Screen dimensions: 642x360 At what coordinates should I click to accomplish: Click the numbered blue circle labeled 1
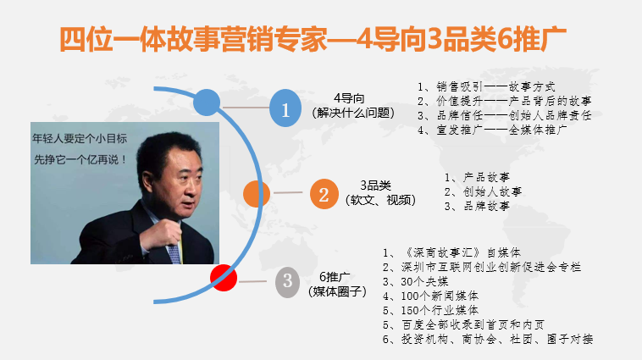coord(285,108)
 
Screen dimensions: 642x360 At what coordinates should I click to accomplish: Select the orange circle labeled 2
coord(324,194)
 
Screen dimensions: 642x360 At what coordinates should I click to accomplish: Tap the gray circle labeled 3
coord(287,282)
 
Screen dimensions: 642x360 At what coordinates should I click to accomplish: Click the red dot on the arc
coord(224,278)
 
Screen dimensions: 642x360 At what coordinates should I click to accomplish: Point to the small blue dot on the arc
coord(207,102)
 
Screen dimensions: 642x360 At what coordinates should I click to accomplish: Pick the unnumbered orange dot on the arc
coord(257,194)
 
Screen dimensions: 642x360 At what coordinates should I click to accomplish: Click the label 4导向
coord(349,98)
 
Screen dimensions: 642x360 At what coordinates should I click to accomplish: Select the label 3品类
coord(375,186)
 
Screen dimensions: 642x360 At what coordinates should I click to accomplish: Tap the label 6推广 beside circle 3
coord(335,277)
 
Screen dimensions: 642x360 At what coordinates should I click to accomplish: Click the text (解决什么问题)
coord(353,113)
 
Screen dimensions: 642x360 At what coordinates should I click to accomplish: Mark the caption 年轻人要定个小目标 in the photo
coord(80,139)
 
